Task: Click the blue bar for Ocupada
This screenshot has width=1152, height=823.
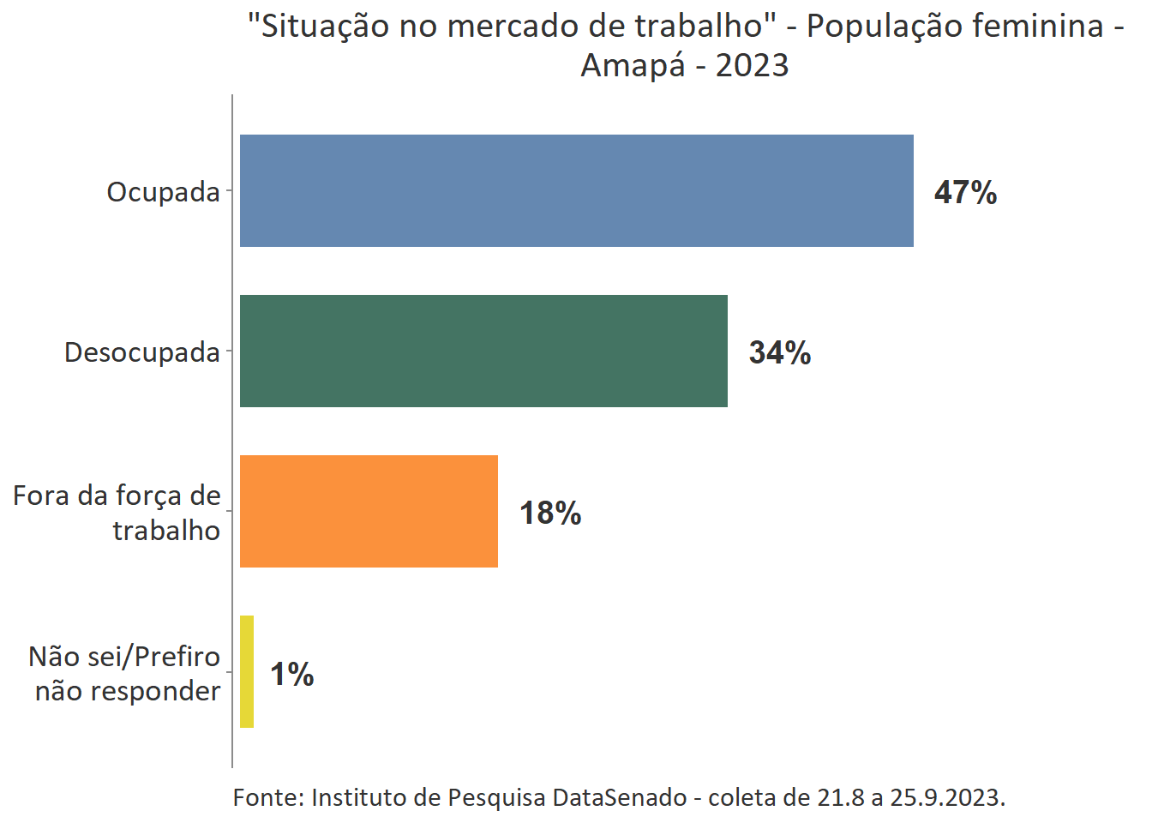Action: (x=576, y=190)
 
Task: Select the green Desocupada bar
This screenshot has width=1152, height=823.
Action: (x=483, y=351)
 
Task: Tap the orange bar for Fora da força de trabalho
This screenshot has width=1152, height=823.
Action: (x=369, y=511)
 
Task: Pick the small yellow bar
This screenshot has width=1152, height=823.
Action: (x=247, y=671)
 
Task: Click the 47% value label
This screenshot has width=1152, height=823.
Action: (x=965, y=192)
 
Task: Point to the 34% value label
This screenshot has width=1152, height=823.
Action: (x=780, y=352)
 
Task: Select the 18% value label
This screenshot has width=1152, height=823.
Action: (x=550, y=513)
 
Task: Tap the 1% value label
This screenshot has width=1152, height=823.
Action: (x=292, y=674)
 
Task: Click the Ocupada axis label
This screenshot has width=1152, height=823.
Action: (x=163, y=192)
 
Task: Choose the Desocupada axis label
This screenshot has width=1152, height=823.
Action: (x=142, y=352)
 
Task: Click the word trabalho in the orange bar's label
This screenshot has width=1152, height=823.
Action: (x=166, y=531)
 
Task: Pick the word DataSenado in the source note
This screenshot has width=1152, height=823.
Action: (x=619, y=797)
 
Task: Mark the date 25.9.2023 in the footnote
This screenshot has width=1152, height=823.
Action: (x=947, y=797)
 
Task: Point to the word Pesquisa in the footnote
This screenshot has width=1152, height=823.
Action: (x=496, y=797)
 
